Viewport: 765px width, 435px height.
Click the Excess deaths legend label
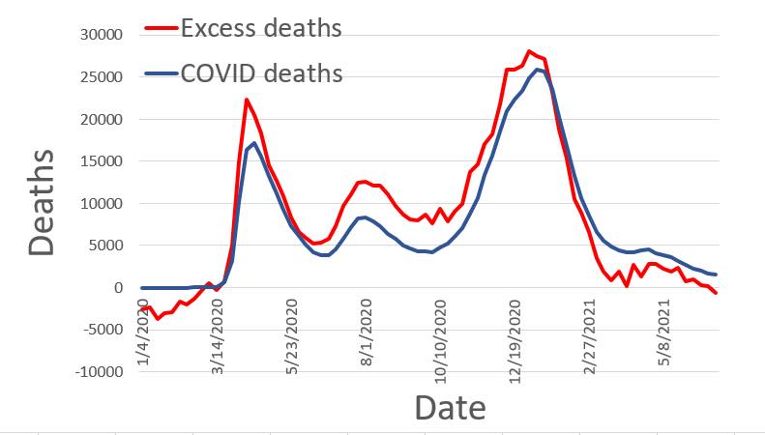(260, 28)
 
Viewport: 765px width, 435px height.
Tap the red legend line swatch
(161, 29)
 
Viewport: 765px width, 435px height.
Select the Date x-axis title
(450, 407)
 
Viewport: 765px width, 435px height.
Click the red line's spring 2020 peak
(247, 100)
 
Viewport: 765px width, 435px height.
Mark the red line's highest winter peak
(529, 51)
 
